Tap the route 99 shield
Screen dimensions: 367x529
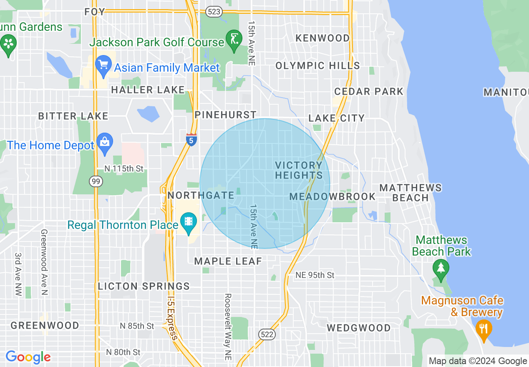tap(96, 181)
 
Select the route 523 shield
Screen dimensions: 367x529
tap(214, 12)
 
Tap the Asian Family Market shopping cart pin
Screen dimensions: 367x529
tap(103, 65)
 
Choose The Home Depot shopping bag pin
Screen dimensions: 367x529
tap(104, 142)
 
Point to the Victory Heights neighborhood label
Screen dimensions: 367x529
tap(299, 170)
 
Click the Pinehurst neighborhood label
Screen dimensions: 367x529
tap(226, 115)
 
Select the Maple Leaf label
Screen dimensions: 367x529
tap(228, 261)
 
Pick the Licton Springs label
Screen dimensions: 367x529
tap(144, 286)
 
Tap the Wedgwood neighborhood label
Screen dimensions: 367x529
tap(358, 328)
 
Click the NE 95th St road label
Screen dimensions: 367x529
tap(315, 275)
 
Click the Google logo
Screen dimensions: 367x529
tap(28, 357)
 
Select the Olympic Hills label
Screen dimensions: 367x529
tap(317, 65)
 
